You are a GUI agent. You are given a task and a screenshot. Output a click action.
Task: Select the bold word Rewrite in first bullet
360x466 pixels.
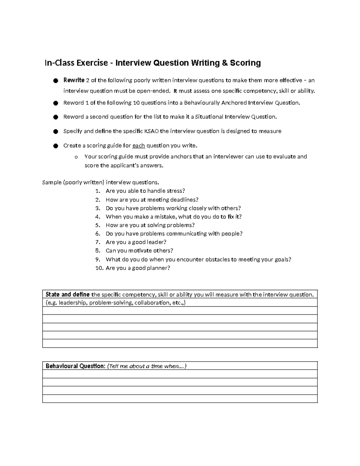74,80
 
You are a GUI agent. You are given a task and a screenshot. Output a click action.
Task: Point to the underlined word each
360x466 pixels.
138,146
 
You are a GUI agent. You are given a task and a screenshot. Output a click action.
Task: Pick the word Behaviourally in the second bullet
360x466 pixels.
202,103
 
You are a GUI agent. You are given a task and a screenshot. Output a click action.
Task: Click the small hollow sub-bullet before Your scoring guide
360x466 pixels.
76,157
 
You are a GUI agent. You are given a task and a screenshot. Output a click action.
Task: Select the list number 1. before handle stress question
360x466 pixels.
97,191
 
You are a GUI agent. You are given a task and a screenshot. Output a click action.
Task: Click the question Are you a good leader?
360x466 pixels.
136,242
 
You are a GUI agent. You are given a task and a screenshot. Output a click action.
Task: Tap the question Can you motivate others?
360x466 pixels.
139,251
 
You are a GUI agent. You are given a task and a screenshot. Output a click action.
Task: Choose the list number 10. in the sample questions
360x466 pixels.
99,268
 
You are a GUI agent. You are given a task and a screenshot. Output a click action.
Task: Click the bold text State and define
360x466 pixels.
67,294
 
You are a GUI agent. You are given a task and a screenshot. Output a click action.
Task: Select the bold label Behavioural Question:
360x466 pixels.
75,366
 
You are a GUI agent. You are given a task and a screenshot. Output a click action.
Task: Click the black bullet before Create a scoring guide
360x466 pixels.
55,146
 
